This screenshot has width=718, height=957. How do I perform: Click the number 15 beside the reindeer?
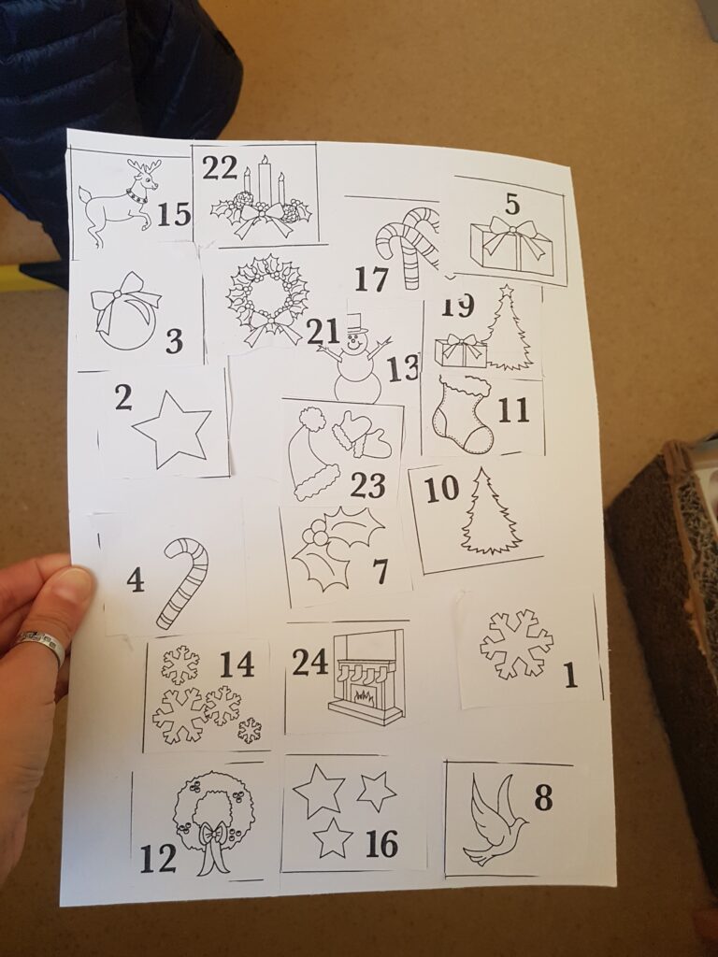coord(174,214)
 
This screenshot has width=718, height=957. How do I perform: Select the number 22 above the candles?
coord(220,167)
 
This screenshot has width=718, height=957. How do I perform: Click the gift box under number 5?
coord(511,246)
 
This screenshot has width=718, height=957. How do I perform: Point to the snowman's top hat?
coord(356,323)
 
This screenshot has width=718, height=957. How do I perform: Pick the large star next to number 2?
coord(172,429)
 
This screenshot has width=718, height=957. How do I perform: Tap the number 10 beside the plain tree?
coord(441,489)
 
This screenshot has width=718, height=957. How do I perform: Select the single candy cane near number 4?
coord(182,583)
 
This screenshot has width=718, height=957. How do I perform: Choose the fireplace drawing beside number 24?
coord(366,677)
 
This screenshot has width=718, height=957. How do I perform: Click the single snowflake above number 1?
coord(516,643)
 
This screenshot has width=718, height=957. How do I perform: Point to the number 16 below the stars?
coord(381,844)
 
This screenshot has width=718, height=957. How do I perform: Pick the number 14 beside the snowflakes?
coord(237,664)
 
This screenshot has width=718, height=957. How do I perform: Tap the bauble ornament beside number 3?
coord(124,312)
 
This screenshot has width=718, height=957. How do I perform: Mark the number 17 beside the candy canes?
coord(372,279)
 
